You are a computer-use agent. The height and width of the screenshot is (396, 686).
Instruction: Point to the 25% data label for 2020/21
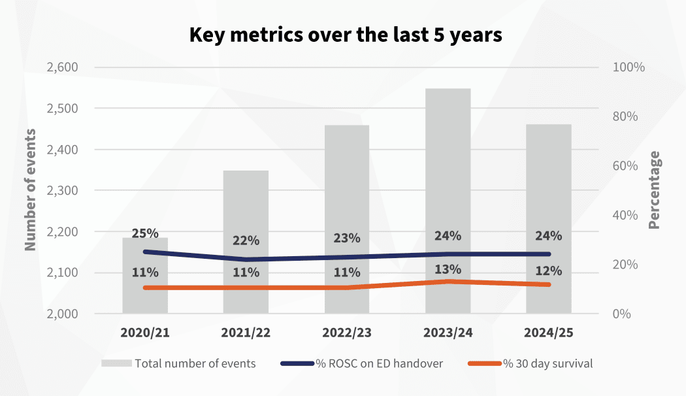145,233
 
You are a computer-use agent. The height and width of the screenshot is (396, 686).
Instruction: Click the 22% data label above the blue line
246,240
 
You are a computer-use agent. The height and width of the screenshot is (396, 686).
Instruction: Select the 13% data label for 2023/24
448,269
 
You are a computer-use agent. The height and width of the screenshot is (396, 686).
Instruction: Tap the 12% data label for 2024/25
549,272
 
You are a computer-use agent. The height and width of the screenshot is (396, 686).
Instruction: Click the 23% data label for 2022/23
347,239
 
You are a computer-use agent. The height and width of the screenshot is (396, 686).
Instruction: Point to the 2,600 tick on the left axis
62,67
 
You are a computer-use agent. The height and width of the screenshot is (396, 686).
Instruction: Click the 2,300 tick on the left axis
62,190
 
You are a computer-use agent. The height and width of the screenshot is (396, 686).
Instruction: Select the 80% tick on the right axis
628,116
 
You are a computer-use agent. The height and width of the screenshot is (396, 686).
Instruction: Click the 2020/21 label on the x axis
145,333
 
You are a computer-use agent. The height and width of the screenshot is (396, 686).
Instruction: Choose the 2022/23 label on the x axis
347,333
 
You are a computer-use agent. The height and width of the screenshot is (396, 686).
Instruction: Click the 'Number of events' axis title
30,190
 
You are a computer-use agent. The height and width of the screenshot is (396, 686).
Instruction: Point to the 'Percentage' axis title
654,190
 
